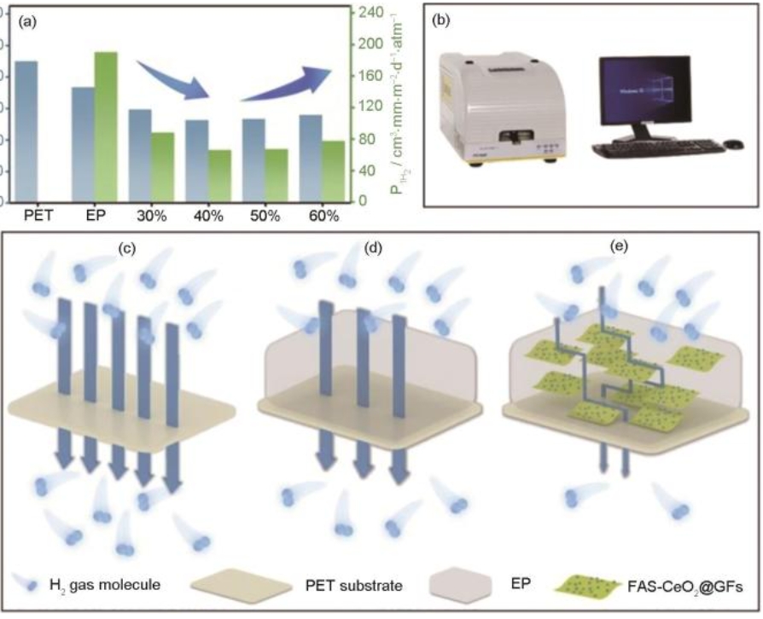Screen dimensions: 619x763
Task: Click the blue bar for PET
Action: [26, 131]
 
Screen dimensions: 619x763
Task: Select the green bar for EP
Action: [106, 127]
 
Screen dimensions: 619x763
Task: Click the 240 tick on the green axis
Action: [369, 14]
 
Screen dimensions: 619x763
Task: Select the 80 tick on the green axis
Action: [365, 139]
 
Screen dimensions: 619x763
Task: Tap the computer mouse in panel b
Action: [732, 143]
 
